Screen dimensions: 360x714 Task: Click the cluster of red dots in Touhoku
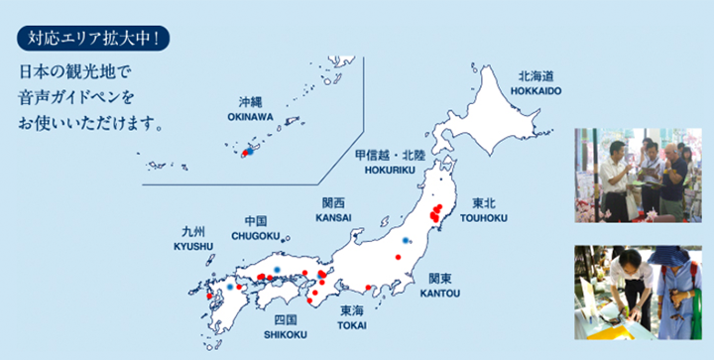[435, 211]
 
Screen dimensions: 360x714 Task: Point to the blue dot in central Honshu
[405, 240]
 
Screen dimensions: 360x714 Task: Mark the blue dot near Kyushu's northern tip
[230, 286]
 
